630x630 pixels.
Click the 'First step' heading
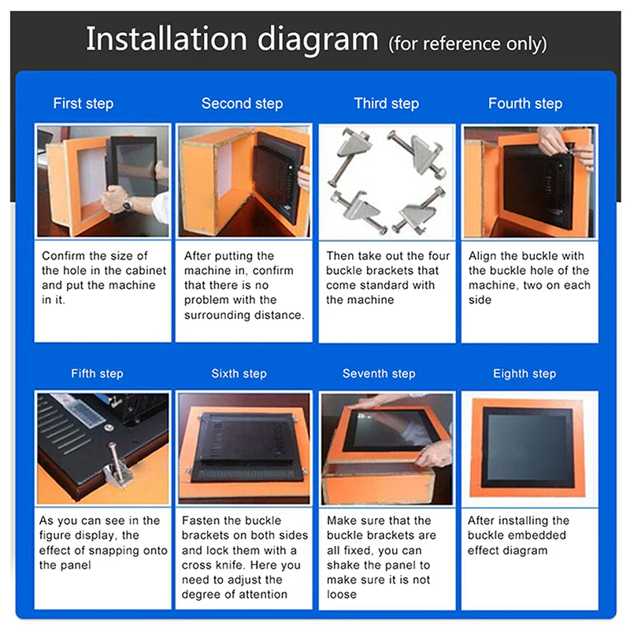(83, 103)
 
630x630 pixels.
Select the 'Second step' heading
(242, 103)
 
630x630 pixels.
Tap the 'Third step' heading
(386, 103)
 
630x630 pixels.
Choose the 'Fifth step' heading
(97, 373)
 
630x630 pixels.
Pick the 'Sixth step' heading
(239, 373)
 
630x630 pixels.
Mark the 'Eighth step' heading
(524, 373)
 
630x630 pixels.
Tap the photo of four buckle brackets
(386, 181)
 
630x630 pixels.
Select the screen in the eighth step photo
(528, 447)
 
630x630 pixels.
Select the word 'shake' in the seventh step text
(343, 565)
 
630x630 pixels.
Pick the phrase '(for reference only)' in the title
(467, 43)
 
